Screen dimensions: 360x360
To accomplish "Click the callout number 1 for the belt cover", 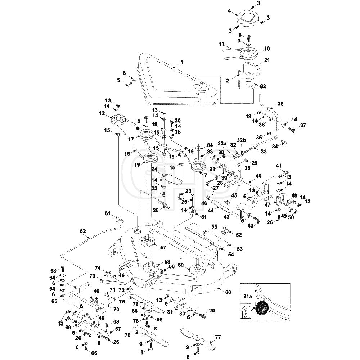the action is pos(182,62).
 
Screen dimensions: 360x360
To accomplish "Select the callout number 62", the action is pos(82,231).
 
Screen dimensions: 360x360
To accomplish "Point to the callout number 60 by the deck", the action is pos(228,292).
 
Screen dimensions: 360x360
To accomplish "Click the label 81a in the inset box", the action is pos(248,296).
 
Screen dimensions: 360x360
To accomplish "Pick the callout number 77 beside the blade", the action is pos(218,337).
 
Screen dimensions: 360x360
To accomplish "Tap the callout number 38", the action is pos(280,104).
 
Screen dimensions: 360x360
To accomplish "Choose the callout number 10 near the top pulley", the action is pos(267,49).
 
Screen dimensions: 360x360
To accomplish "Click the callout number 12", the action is pos(102,113).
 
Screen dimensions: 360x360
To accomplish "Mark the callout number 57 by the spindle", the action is pos(163,248).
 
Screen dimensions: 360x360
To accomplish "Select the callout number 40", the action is pos(258,176).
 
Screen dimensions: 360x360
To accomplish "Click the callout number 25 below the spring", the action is pos(156,210).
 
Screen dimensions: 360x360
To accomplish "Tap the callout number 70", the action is pos(116,310).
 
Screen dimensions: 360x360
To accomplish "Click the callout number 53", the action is pos(239,249).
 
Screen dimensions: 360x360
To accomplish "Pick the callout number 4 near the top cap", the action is pos(229,10).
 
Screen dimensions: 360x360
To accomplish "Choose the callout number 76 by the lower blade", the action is pos(127,336).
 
